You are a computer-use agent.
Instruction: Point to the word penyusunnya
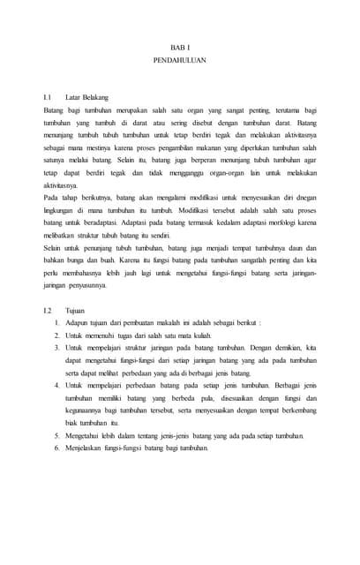click(94, 286)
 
